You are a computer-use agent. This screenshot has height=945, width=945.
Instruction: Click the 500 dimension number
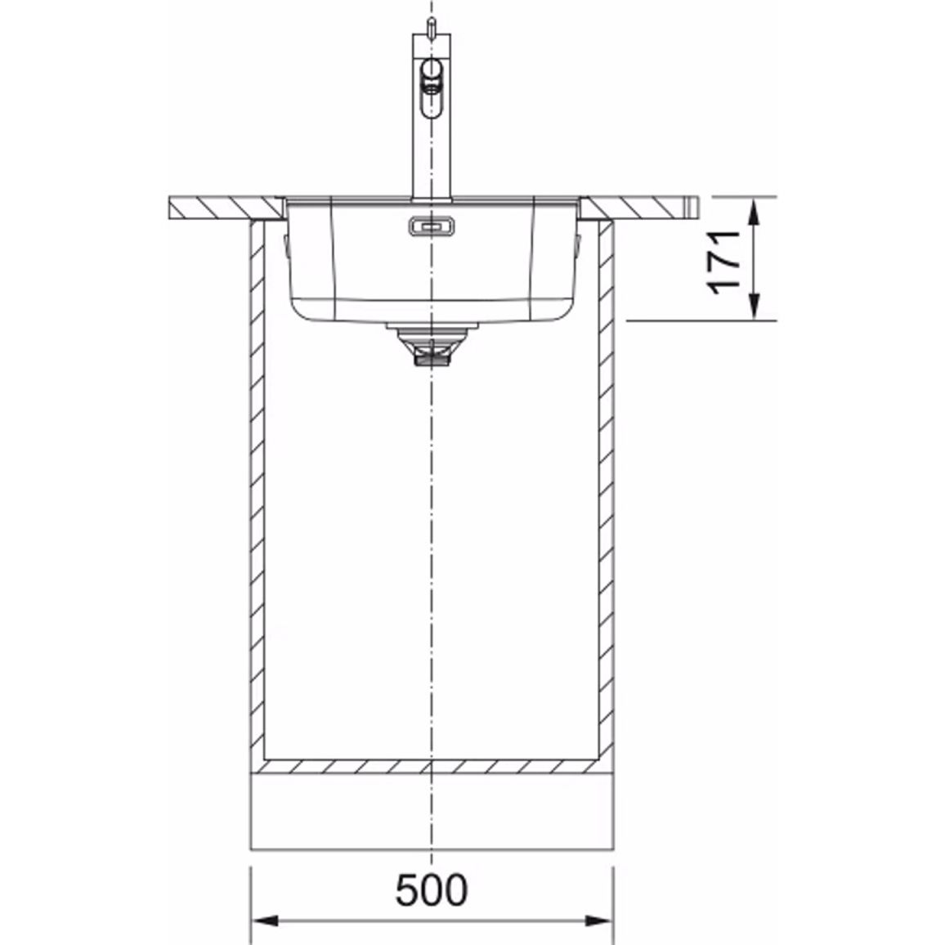coord(431,889)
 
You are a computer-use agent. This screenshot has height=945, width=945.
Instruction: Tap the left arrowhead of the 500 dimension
coord(265,920)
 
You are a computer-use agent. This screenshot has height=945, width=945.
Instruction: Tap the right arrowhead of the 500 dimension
coord(599,920)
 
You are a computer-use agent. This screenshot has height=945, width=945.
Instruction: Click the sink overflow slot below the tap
coord(432,226)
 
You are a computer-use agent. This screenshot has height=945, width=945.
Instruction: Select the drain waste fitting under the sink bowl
coord(432,344)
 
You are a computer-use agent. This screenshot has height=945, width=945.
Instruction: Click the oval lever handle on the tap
coord(432,88)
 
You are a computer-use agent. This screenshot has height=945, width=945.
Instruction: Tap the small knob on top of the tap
coord(432,26)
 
